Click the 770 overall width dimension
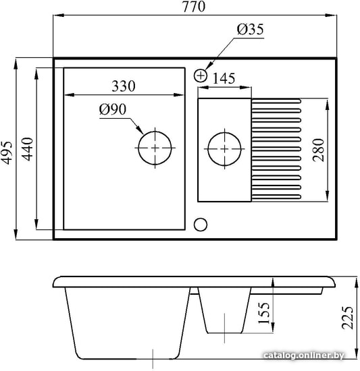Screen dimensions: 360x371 point(193,7)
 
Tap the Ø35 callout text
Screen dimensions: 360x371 point(251,29)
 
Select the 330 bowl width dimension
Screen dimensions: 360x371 point(124,86)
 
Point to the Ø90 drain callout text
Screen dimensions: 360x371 point(113,109)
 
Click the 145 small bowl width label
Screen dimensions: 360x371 point(224,78)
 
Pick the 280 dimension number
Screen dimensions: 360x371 point(318,150)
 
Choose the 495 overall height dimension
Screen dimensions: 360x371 point(6,153)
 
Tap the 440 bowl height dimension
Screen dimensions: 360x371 point(27,149)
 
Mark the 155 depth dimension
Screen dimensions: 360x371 point(263,313)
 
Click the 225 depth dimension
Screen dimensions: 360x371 point(347,318)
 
